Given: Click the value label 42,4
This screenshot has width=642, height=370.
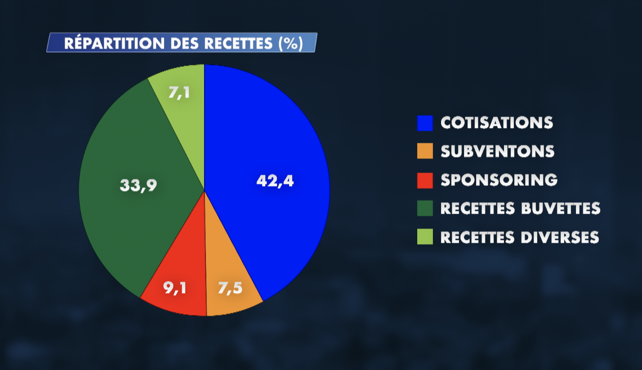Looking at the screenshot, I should pyautogui.click(x=275, y=181).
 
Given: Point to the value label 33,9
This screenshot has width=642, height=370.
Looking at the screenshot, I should pyautogui.click(x=138, y=185).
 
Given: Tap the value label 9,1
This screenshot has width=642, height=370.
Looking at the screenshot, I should pyautogui.click(x=175, y=288).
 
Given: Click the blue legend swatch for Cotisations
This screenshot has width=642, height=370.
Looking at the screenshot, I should pyautogui.click(x=425, y=123).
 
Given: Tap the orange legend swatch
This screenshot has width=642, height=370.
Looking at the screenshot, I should pyautogui.click(x=425, y=151).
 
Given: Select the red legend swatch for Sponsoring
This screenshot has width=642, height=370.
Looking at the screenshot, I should pyautogui.click(x=425, y=180).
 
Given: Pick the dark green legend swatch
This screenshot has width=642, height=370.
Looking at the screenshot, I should pyautogui.click(x=425, y=208).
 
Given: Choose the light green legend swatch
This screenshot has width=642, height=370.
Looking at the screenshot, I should pyautogui.click(x=425, y=237).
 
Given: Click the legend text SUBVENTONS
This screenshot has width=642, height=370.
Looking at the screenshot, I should pyautogui.click(x=497, y=151).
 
